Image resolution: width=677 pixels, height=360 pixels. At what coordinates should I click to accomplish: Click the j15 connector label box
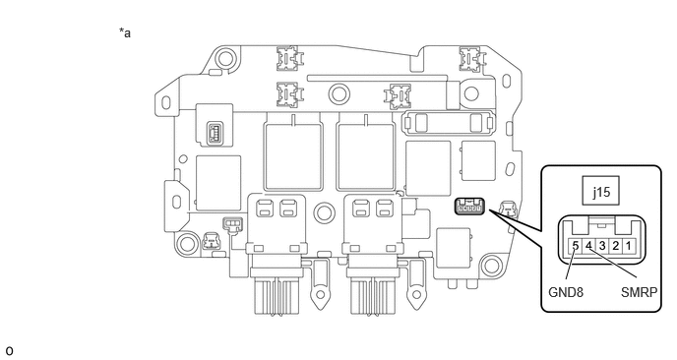tap(600, 191)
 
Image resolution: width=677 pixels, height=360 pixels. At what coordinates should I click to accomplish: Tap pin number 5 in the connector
tap(575, 246)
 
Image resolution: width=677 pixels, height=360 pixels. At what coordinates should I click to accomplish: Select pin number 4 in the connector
tap(588, 246)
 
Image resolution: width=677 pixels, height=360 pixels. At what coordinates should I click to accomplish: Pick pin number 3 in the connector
tap(602, 246)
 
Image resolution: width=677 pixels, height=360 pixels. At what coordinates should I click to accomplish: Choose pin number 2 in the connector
tap(616, 246)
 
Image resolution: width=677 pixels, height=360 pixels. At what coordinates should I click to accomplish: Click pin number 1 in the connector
tap(628, 246)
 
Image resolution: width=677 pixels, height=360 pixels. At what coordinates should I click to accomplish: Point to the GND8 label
tap(566, 292)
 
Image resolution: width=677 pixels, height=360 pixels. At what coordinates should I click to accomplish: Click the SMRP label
tap(639, 292)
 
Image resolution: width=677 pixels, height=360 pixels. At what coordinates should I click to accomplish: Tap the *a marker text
tap(125, 32)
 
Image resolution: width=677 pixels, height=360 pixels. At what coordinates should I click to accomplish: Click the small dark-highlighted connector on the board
tap(469, 206)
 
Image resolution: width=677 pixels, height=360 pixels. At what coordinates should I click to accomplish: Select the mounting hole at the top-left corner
tap(225, 57)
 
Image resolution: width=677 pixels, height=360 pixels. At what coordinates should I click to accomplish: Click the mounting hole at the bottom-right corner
tap(491, 266)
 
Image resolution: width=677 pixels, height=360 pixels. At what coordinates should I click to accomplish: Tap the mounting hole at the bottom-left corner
tap(188, 244)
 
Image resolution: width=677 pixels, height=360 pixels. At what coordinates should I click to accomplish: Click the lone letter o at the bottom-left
tap(9, 351)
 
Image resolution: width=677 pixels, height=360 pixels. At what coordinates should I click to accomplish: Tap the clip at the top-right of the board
tap(470, 58)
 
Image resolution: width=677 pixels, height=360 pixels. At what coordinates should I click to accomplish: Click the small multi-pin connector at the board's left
tap(215, 133)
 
